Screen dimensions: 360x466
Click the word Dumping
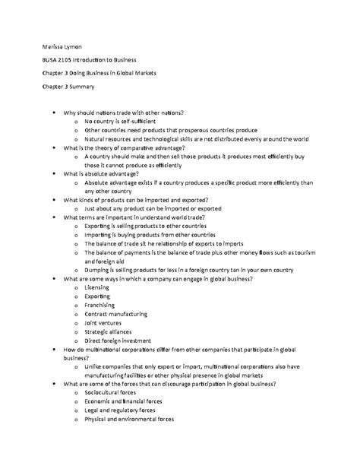point(99,270)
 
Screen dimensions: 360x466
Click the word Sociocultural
point(105,392)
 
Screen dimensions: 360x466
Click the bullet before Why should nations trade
point(52,112)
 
